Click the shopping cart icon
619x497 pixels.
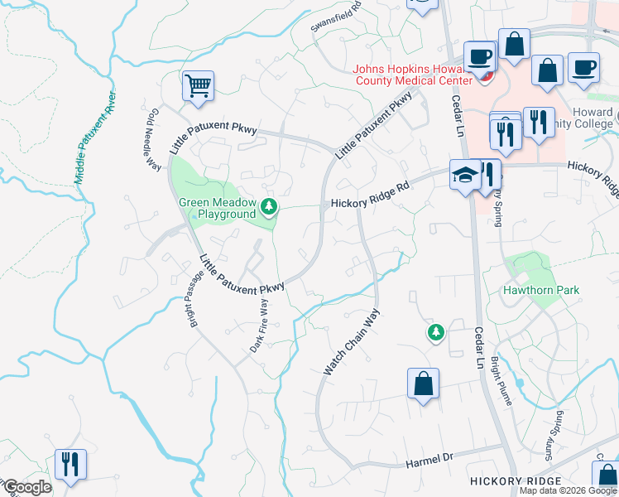click(x=199, y=85)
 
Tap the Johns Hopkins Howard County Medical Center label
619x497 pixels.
click(x=412, y=75)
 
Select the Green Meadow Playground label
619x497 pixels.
click(x=218, y=208)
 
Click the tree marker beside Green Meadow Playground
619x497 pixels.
click(x=268, y=206)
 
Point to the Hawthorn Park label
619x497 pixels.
click(x=541, y=291)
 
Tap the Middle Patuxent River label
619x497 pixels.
click(x=94, y=138)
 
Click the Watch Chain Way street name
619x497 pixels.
click(x=351, y=341)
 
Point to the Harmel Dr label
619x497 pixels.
click(x=425, y=457)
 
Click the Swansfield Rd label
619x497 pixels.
click(x=336, y=17)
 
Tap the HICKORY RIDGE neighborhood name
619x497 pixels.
click(x=515, y=481)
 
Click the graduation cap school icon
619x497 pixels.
click(x=465, y=175)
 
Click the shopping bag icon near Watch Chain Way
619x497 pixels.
click(x=422, y=384)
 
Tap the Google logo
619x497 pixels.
click(x=26, y=487)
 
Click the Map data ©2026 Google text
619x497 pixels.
click(x=568, y=490)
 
